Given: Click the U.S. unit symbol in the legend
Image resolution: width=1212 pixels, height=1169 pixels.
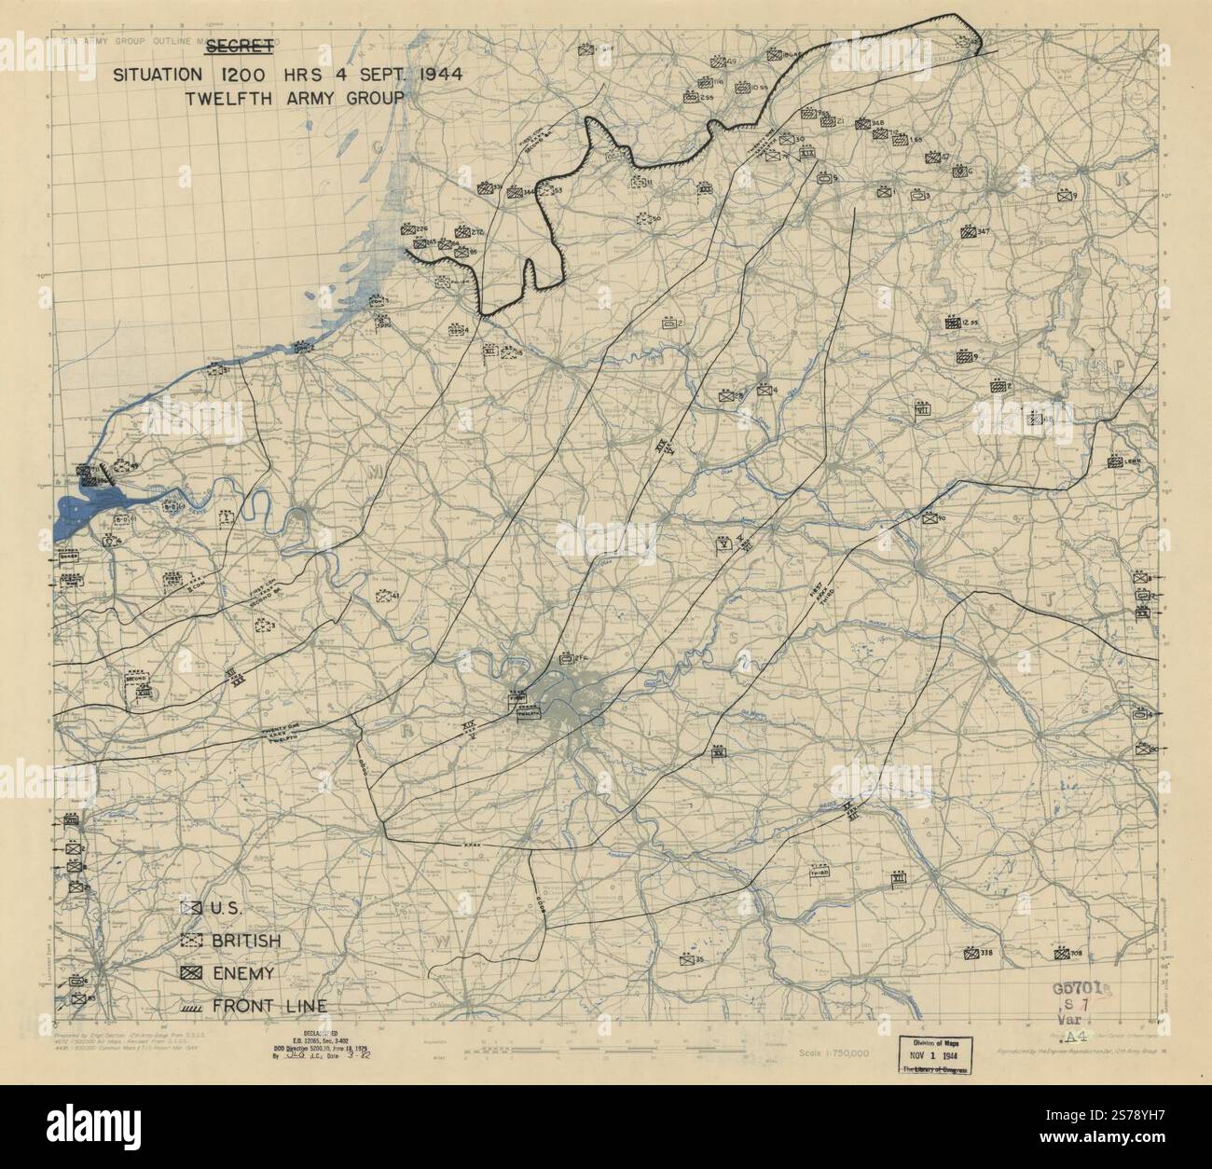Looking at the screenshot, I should click(192, 908).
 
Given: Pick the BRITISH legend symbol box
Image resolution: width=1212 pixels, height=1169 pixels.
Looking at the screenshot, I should click(192, 941).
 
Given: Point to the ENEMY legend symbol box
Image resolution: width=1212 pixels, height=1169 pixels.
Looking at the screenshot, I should click(192, 973).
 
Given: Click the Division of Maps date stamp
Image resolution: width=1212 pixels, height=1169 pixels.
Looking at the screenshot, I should click(933, 1056).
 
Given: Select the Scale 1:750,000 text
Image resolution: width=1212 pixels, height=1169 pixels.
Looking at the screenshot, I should click(834, 1052).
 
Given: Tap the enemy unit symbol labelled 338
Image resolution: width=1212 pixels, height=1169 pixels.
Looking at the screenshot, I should click(971, 954).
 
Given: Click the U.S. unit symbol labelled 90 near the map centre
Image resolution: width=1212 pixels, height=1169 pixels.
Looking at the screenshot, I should click(929, 519).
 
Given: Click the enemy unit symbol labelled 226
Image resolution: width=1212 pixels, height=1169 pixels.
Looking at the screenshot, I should click(407, 228).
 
